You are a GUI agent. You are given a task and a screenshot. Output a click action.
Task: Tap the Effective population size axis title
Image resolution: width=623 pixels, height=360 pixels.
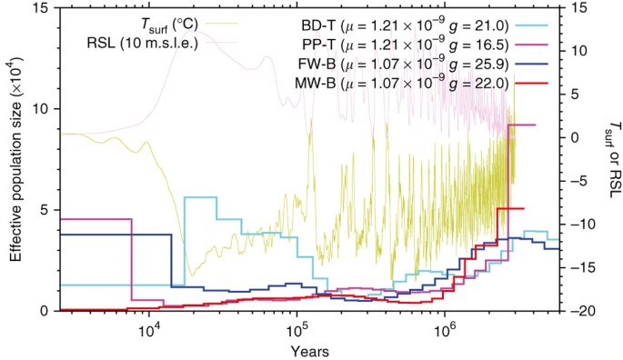coord(17,160)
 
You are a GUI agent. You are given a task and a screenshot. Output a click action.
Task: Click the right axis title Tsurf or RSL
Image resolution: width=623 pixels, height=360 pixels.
coord(611,160)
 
